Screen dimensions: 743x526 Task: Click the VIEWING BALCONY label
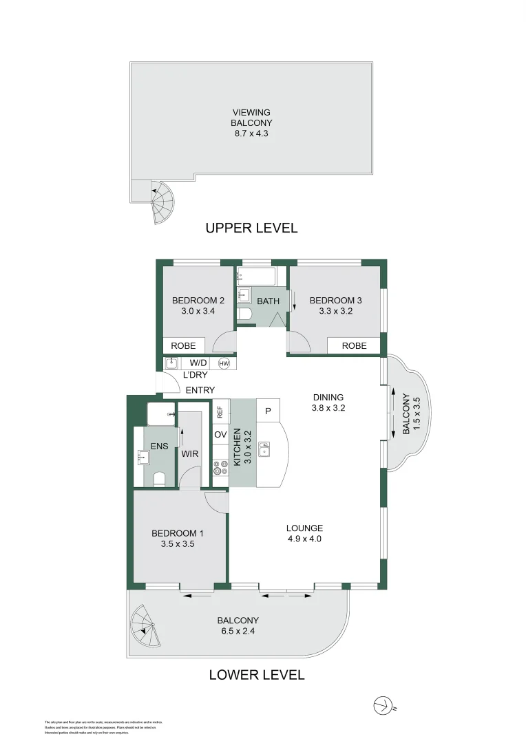click(x=251, y=123)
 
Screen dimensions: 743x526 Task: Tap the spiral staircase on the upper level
click(x=162, y=202)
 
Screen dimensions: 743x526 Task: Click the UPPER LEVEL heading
click(x=251, y=228)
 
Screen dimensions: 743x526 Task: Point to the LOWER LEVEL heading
click(x=256, y=675)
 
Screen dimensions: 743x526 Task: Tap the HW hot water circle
click(x=224, y=363)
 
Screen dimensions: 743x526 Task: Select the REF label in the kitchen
click(x=220, y=412)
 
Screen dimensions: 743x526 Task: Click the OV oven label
click(x=220, y=435)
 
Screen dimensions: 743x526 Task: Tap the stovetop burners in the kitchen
click(x=220, y=469)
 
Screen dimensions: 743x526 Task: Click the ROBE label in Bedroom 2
click(x=184, y=346)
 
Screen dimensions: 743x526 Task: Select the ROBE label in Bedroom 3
click(x=355, y=346)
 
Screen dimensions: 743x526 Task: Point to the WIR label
click(x=189, y=454)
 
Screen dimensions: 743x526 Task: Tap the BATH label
click(x=268, y=301)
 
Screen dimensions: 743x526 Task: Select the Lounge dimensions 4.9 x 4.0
click(x=304, y=539)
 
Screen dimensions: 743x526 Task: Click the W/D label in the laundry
click(x=198, y=363)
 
